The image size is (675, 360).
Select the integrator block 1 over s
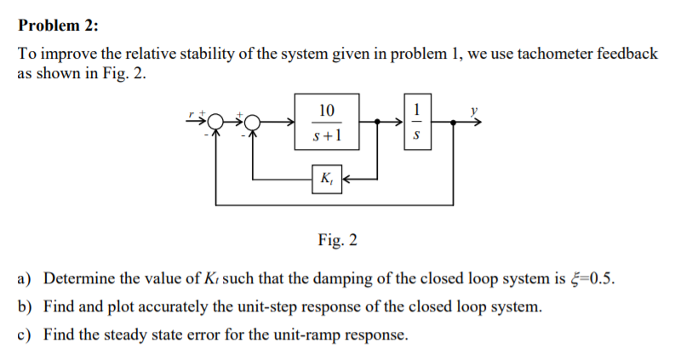tap(415, 122)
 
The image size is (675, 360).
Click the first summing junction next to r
tap(216, 123)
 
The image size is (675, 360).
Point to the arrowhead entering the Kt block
tap(346, 179)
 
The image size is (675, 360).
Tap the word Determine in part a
tap(76, 280)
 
